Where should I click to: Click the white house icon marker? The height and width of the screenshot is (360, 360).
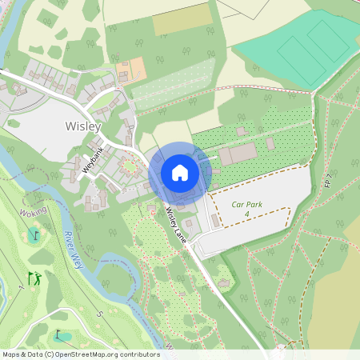[x=180, y=173]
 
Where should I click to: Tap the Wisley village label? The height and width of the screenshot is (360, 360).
[x=83, y=126]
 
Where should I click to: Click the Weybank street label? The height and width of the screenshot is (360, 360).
[x=93, y=158]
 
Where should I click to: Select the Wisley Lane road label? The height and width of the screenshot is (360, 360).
[x=177, y=226]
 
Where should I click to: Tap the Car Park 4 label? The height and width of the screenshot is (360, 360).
[x=247, y=209]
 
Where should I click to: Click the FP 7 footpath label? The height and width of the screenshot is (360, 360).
[x=328, y=182]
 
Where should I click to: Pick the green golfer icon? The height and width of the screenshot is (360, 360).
[x=34, y=278]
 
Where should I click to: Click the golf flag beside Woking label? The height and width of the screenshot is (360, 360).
[x=34, y=235]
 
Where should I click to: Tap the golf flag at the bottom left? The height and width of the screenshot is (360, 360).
[x=58, y=334]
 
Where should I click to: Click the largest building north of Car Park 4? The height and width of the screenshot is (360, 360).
[x=238, y=154]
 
